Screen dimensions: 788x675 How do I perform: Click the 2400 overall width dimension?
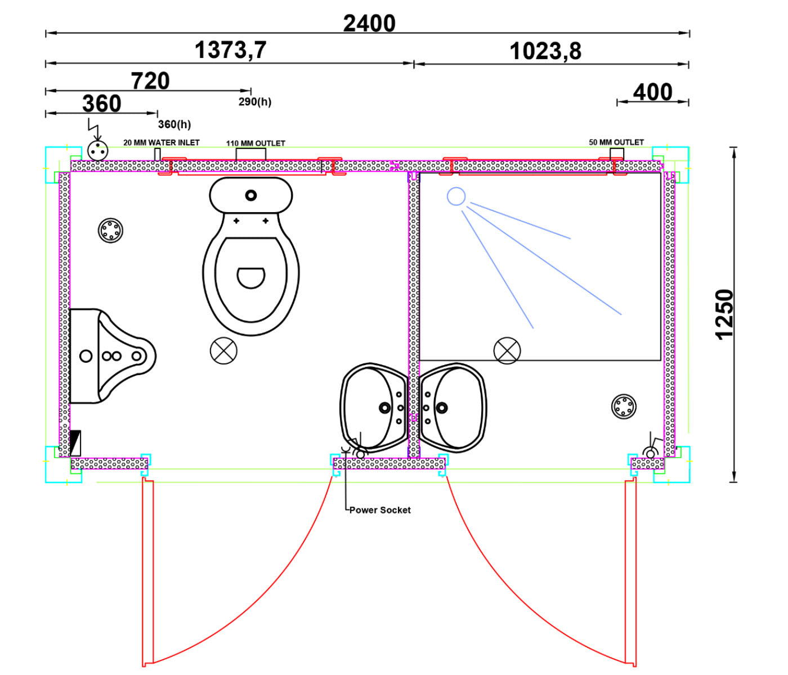tap(369, 24)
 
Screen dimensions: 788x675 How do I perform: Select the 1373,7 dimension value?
tap(230, 50)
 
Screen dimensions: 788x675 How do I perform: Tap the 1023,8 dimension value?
tap(545, 51)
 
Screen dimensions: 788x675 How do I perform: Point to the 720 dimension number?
tap(150, 81)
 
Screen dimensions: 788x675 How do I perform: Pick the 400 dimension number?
tap(652, 92)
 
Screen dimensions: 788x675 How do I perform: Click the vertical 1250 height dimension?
tap(724, 314)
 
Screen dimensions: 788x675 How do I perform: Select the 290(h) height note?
tap(254, 102)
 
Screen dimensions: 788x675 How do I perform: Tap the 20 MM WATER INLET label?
tap(162, 142)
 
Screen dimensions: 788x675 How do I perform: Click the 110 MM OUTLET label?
tap(256, 143)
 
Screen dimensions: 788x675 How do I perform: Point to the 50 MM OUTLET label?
tap(616, 142)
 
